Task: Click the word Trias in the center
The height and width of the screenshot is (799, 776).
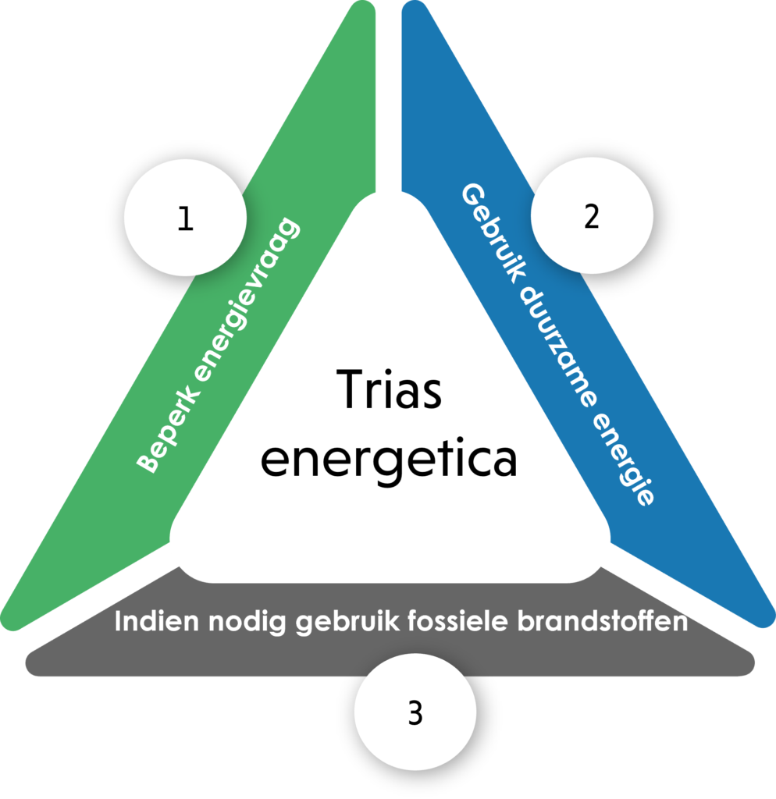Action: pyautogui.click(x=390, y=390)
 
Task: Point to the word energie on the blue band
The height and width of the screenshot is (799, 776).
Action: pyautogui.click(x=625, y=460)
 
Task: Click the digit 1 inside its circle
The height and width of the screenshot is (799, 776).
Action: pyautogui.click(x=185, y=219)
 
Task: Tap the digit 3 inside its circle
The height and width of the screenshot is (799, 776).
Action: pyautogui.click(x=415, y=713)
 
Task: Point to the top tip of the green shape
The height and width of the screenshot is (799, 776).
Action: pyautogui.click(x=365, y=8)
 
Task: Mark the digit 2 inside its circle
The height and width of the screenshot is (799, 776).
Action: pyautogui.click(x=591, y=218)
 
